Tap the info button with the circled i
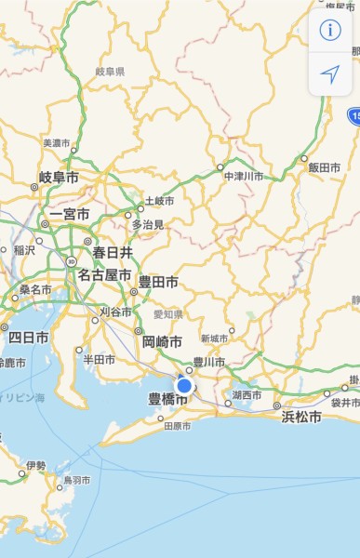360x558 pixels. (330, 30)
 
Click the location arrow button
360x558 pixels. (330, 74)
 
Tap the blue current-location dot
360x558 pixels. (184, 385)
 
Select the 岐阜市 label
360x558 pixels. (58, 177)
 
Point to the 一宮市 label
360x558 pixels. (70, 214)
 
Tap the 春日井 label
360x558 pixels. (112, 252)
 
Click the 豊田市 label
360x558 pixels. (158, 281)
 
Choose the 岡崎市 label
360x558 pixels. (163, 340)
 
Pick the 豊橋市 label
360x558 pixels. (167, 399)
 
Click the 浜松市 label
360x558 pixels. (301, 418)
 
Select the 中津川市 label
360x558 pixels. (244, 176)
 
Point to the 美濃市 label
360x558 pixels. (57, 143)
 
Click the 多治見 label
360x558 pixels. (147, 224)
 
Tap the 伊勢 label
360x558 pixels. (35, 465)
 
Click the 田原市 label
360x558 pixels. (177, 426)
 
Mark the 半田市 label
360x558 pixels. (99, 359)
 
